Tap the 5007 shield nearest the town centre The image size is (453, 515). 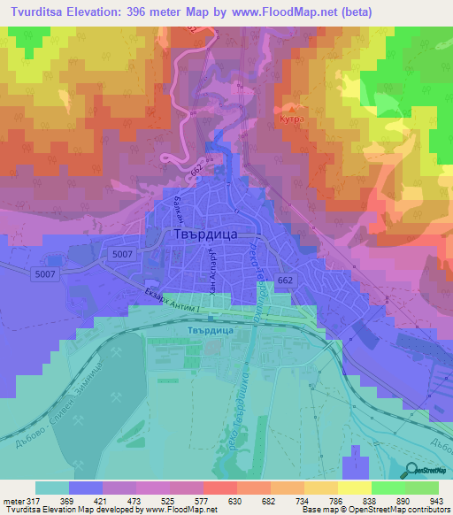pos(122,253)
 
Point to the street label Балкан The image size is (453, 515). pos(179,208)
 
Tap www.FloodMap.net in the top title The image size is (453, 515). pos(288,12)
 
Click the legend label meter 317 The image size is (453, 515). pos(19,500)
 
